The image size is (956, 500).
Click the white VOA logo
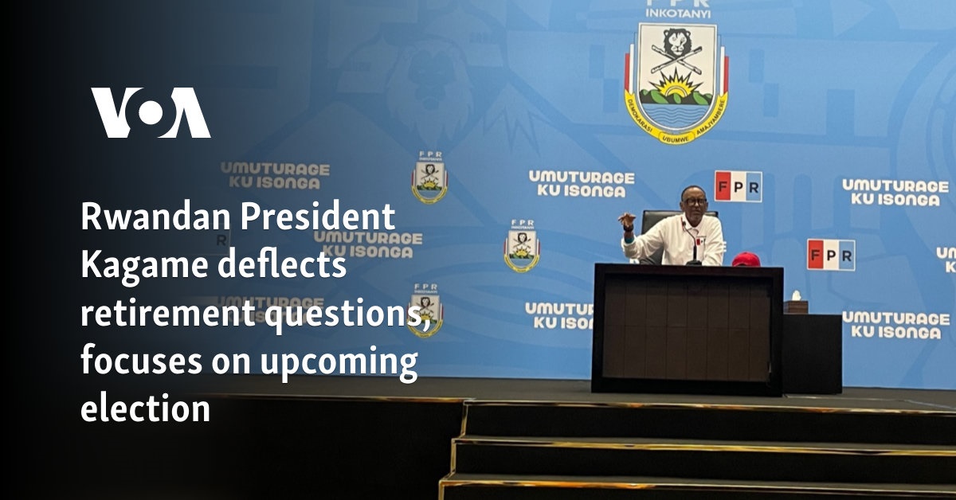pos(151,113)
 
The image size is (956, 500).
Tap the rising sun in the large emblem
pos(676,83)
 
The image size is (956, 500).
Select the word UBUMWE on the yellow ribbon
pos(676,132)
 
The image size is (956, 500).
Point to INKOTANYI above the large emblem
pos(677,13)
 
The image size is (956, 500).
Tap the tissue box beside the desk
pos(795,307)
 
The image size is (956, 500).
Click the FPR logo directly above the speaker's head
pos(738,186)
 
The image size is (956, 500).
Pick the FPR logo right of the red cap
pos(830,254)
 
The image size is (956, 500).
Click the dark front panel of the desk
pos(687,330)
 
